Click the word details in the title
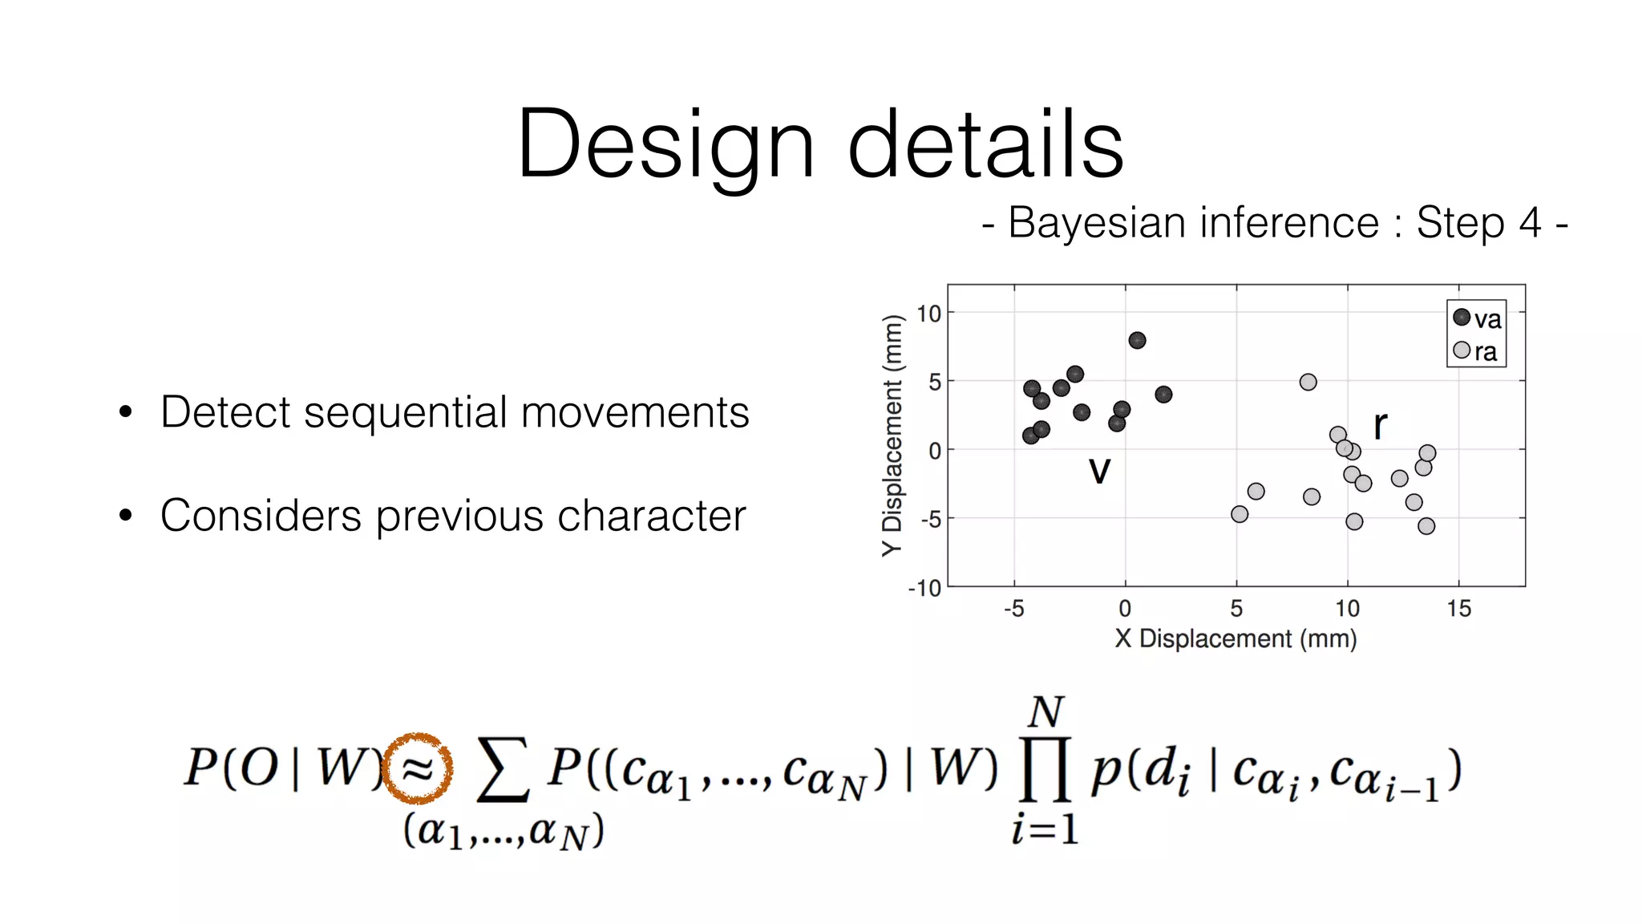pos(985,144)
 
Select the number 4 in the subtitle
pos(1530,222)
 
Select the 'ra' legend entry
pos(1476,351)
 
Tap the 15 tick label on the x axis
pos(1458,609)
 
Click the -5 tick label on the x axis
pos(1013,609)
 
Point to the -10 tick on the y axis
pos(924,589)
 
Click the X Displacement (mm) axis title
pos(1236,638)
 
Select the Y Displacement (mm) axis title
pos(892,436)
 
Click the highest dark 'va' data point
pos(1137,340)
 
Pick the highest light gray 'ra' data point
pos(1308,382)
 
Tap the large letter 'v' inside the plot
pos(1100,470)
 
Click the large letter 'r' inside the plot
pos(1380,424)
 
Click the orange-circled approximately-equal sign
pos(418,768)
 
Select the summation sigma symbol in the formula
pos(503,770)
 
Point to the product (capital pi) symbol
pos(1045,770)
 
